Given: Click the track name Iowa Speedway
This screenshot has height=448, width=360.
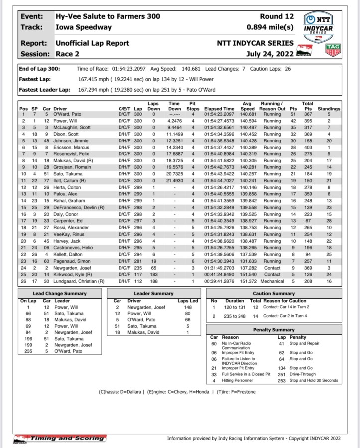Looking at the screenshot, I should [84, 27].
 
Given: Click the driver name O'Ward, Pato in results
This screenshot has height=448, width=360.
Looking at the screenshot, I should [69, 114].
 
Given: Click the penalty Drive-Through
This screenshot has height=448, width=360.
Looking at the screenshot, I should [306, 374].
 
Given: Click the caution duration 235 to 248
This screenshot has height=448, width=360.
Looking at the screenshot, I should [235, 316].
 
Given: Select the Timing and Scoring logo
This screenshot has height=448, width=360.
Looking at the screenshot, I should [59, 438].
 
